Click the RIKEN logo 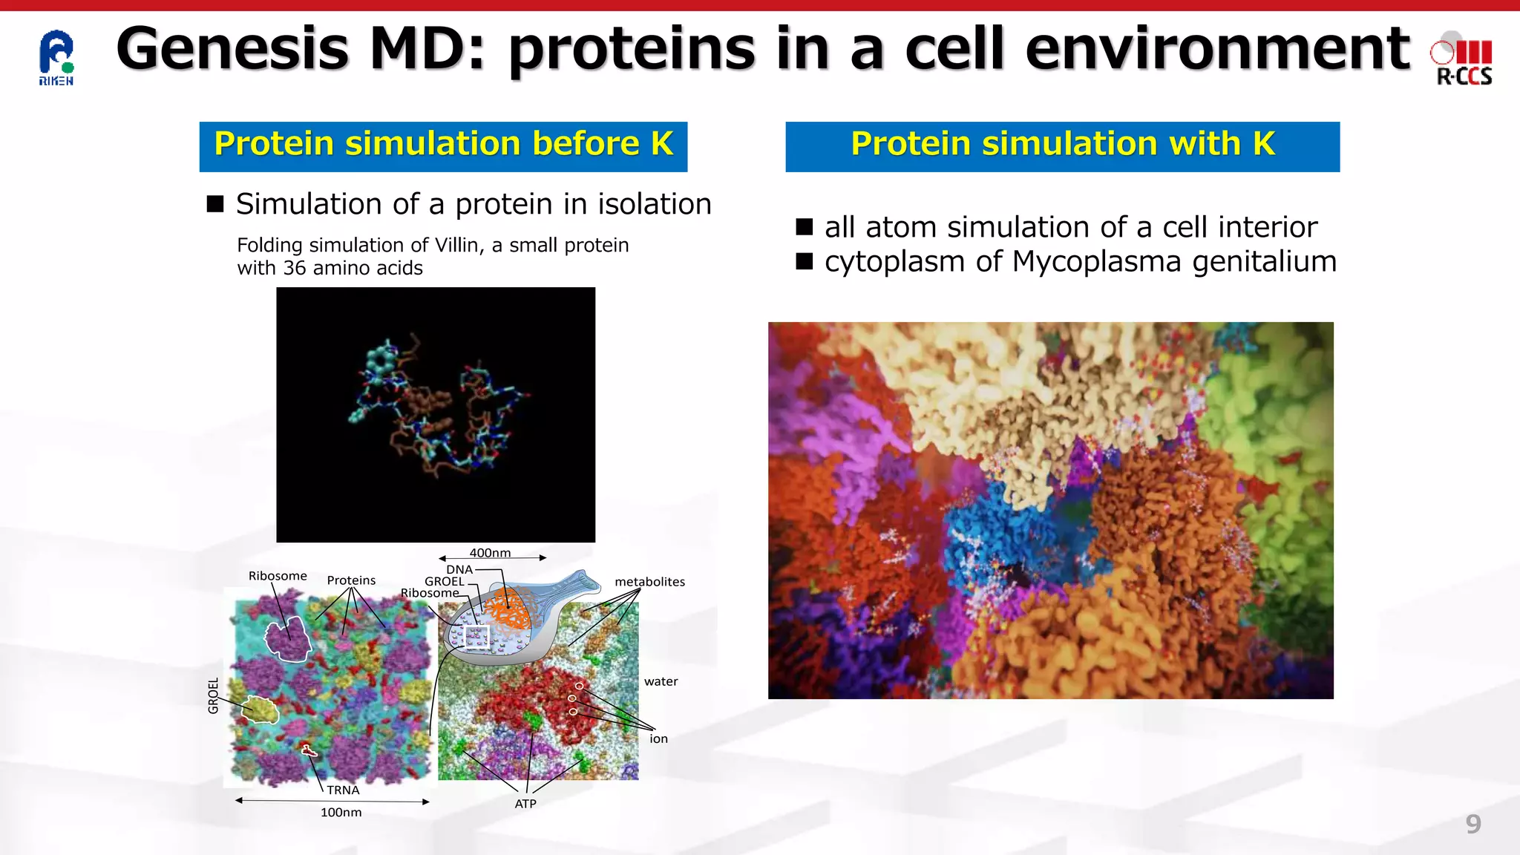[x=56, y=58]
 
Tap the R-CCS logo [x=1463, y=61]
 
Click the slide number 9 [x=1472, y=824]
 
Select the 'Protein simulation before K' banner [x=443, y=145]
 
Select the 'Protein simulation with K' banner [x=1062, y=145]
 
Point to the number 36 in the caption [x=294, y=269]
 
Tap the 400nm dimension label [x=490, y=553]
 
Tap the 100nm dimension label [x=341, y=813]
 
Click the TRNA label [x=343, y=790]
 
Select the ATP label [x=525, y=804]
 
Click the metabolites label [x=649, y=582]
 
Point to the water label [x=661, y=681]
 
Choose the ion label [x=658, y=738]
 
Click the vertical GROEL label [x=214, y=695]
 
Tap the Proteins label [x=351, y=580]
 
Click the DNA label [x=459, y=569]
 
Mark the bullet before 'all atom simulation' [x=805, y=227]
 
